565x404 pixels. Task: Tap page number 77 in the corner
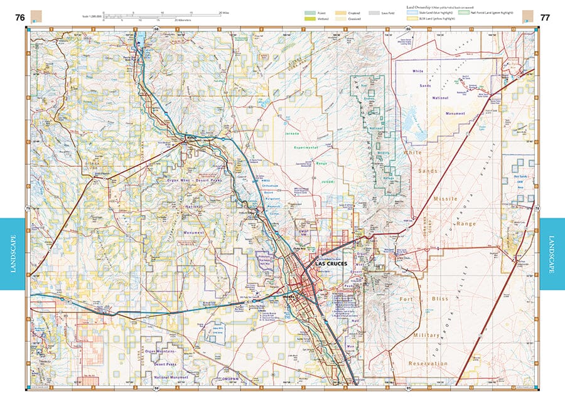click(x=544, y=17)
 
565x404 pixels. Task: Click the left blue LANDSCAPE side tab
click(x=13, y=254)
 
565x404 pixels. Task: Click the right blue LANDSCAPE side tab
click(x=552, y=254)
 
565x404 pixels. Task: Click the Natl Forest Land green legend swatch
click(x=463, y=13)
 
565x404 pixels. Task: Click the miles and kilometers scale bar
click(x=163, y=14)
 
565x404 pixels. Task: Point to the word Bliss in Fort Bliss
click(x=439, y=299)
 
